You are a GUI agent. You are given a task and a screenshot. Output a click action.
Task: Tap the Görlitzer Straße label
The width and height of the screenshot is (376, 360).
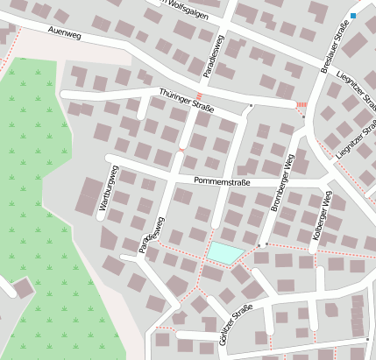pos(238,323)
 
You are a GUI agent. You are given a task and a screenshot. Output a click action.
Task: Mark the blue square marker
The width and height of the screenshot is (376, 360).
pos(353,16)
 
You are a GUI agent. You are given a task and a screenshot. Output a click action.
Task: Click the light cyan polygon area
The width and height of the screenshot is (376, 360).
pos(224,253)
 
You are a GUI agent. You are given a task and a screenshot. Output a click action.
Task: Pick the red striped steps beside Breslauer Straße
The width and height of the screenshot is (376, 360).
pos(302,105)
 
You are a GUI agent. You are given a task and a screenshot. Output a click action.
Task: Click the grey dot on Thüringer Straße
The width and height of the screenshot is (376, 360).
pos(251,105)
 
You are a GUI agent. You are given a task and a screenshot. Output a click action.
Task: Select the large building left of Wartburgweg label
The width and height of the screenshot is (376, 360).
pos(88,195)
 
